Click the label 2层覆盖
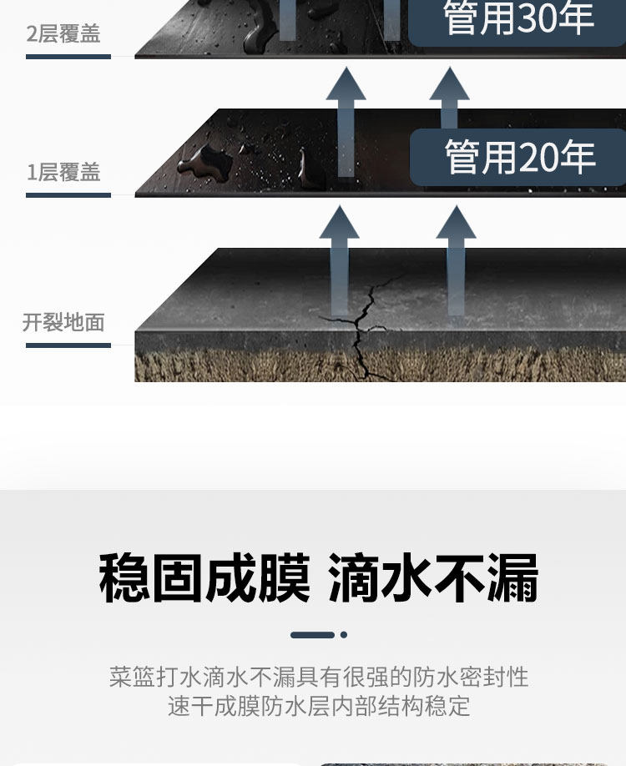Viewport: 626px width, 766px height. [x=63, y=34]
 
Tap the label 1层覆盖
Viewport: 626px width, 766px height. [x=63, y=173]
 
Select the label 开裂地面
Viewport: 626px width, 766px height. [x=63, y=322]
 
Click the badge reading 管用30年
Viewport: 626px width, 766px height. [x=518, y=20]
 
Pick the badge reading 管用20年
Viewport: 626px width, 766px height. [x=518, y=157]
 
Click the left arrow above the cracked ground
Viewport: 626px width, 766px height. [x=339, y=259]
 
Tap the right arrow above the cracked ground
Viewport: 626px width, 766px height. [x=456, y=259]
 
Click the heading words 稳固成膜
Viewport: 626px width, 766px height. [x=204, y=577]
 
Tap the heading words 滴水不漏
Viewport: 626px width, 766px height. [x=433, y=577]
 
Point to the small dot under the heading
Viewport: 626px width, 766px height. [x=344, y=635]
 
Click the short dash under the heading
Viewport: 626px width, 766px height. [x=312, y=635]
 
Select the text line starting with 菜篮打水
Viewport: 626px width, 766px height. [x=319, y=676]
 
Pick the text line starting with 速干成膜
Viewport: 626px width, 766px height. [x=319, y=706]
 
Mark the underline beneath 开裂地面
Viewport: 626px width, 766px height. [x=68, y=345]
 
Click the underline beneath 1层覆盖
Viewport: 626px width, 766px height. [x=68, y=195]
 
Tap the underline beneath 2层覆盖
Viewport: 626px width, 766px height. [x=68, y=57]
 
